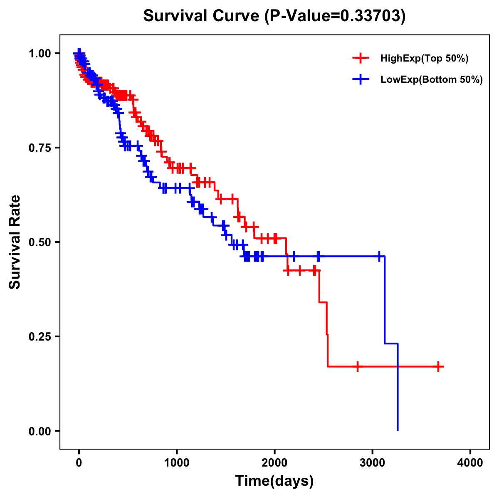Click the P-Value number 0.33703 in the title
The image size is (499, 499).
tap(371, 16)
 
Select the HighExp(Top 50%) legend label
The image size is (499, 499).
tap(424, 59)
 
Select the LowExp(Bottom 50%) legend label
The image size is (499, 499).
tap(432, 80)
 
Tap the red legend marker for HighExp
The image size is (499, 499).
tap(361, 58)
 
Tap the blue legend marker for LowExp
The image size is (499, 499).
tap(361, 79)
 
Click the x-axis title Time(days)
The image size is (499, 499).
tap(274, 481)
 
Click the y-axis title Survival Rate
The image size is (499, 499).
tap(15, 242)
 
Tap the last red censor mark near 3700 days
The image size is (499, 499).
tap(438, 366)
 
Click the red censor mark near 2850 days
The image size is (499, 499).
tap(358, 366)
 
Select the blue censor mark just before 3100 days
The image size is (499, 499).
tap(379, 256)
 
